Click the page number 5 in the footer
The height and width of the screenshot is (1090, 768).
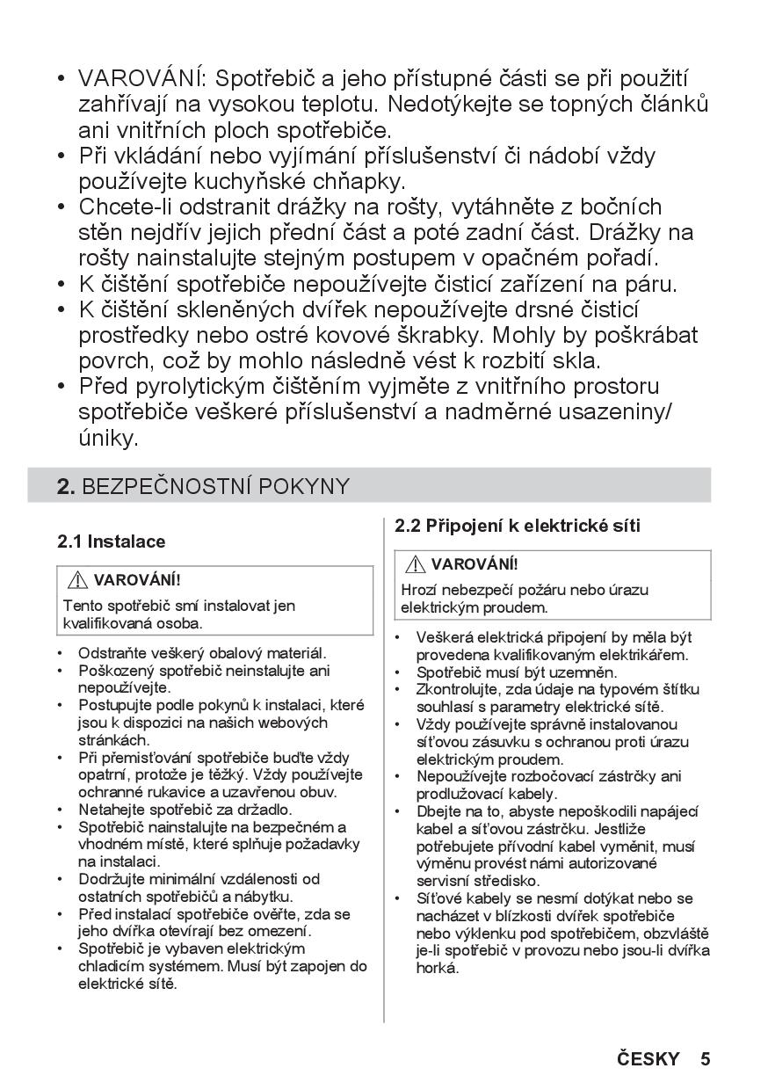tap(705, 1058)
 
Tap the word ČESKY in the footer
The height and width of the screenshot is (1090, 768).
tap(648, 1058)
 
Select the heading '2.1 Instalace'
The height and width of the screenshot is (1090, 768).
tap(112, 541)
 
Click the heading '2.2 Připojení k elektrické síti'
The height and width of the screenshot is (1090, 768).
tap(518, 526)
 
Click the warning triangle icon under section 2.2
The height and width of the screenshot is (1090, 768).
tap(416, 564)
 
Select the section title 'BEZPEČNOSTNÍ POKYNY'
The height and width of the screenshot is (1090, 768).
tap(215, 486)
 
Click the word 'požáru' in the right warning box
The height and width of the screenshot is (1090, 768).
tap(532, 590)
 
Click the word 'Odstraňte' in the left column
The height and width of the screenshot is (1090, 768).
tap(111, 653)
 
